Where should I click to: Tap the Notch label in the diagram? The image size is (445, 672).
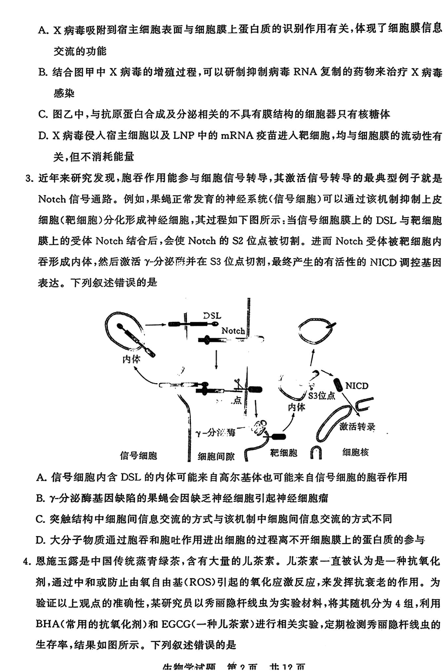tap(233, 330)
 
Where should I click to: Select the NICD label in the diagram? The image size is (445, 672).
tap(356, 386)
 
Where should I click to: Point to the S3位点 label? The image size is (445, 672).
tap(321, 396)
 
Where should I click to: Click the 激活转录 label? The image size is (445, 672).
tap(357, 426)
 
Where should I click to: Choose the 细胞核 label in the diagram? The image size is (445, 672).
tap(355, 452)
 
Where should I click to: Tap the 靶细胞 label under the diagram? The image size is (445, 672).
tap(283, 452)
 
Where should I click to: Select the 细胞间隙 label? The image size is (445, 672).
tap(216, 456)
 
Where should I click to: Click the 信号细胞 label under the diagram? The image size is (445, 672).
tap(138, 455)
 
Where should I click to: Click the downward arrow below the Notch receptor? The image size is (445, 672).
tap(216, 359)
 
